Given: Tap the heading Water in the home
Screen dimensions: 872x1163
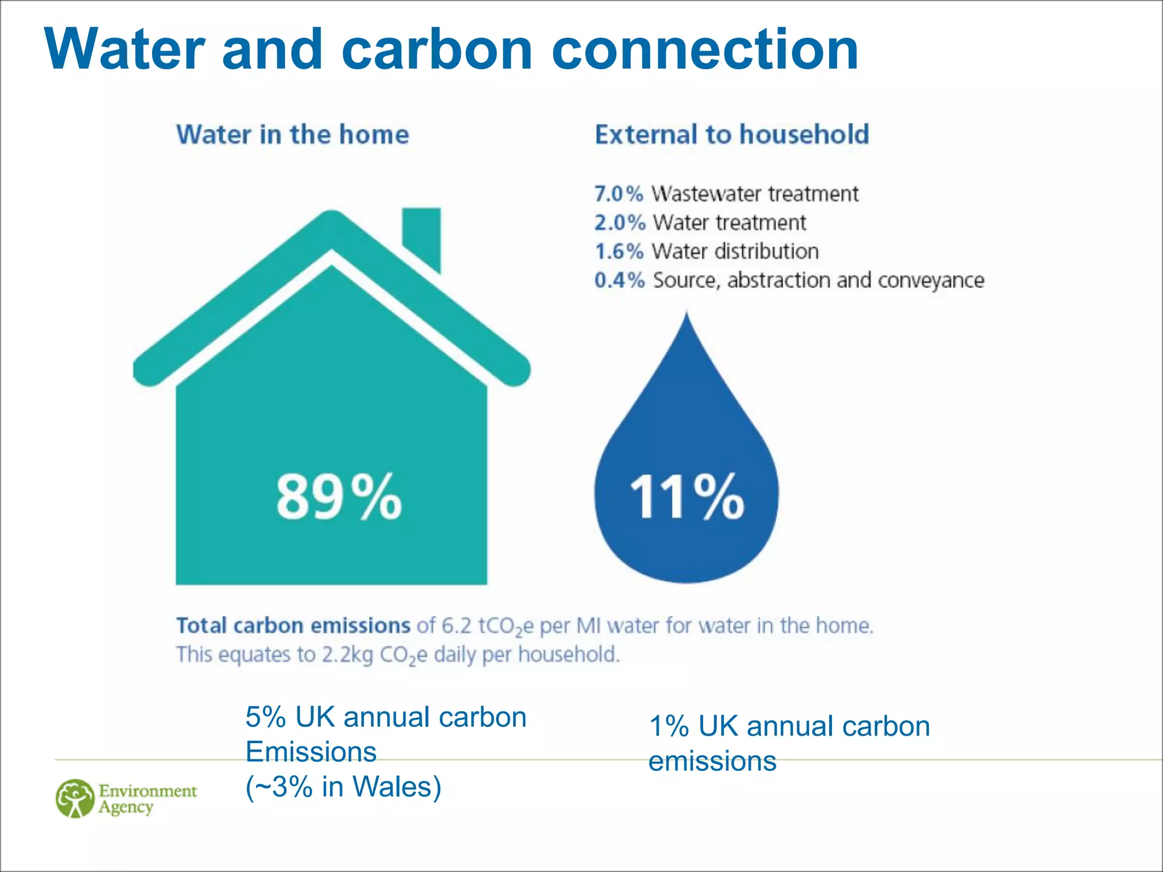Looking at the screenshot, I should pos(292,135).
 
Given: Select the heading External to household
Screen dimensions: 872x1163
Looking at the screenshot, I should pos(732,135).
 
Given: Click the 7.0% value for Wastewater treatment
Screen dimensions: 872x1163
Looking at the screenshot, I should pos(618,194).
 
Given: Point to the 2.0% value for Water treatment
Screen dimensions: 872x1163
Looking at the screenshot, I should pos(620,223).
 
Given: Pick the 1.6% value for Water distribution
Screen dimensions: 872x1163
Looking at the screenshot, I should pos(618,251).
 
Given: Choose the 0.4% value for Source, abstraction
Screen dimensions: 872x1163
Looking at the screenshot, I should pos(620,280).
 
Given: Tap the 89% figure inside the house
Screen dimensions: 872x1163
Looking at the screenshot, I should pos(339,497).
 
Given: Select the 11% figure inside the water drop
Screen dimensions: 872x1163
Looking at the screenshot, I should pos(687,497).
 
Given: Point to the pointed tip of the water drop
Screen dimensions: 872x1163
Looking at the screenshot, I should pos(687,316).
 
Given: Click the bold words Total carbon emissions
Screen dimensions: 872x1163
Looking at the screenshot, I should pos(293,626).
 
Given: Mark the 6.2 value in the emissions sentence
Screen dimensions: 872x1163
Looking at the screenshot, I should pos(456,626).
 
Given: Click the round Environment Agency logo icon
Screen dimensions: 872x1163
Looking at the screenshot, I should pos(75,798).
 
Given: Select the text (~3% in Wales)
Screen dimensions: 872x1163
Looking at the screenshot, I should pos(343,787).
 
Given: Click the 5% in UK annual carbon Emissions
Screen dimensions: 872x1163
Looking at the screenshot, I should pos(265,718).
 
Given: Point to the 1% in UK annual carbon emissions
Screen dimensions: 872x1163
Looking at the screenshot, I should pos(668,727).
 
